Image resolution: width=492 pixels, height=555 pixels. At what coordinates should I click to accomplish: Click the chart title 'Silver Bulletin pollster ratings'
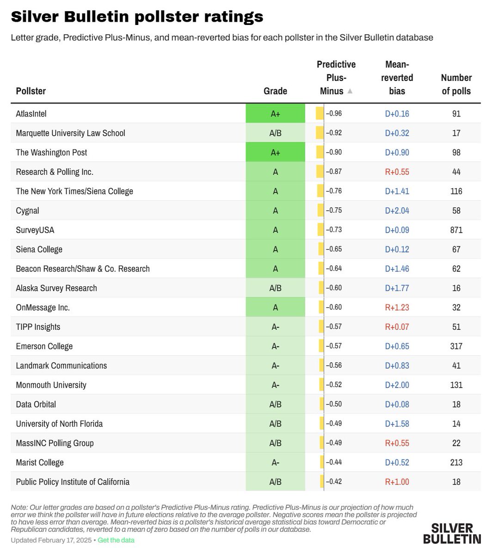[x=137, y=17]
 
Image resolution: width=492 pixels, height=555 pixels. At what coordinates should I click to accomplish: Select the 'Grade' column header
[x=275, y=91]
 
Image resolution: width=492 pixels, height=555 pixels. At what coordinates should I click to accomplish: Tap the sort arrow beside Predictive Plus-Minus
[x=350, y=91]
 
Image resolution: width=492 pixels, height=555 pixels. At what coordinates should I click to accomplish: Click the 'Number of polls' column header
[x=456, y=84]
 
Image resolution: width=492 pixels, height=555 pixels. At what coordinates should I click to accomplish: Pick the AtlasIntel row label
[x=31, y=114]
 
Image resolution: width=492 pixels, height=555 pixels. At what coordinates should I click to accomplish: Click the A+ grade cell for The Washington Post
[x=275, y=153]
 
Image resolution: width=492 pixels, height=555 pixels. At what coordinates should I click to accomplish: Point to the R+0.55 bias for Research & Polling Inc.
[x=397, y=172]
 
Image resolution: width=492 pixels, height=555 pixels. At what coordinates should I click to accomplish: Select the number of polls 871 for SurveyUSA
[x=456, y=230]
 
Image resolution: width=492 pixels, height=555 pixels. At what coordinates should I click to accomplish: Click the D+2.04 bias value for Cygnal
[x=397, y=210]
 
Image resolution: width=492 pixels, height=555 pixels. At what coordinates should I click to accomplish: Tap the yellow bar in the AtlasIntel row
[x=320, y=114]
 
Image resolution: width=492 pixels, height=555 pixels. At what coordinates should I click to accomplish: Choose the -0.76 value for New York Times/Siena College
[x=334, y=191]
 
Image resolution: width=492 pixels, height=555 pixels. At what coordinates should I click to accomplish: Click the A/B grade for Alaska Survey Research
[x=275, y=288]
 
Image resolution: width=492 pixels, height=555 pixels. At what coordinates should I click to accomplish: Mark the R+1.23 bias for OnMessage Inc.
[x=397, y=308]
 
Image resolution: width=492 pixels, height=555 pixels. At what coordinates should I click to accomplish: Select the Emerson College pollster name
[x=44, y=346]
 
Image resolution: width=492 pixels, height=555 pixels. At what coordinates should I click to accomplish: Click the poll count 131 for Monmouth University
[x=456, y=385]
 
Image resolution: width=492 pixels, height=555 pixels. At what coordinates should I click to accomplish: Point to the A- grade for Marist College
[x=275, y=462]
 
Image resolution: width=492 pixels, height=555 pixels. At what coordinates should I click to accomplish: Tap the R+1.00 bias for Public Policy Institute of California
[x=397, y=482]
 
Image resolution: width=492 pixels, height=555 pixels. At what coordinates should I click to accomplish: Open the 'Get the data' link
[x=116, y=540]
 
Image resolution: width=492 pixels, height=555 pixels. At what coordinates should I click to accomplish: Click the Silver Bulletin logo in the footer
[x=452, y=533]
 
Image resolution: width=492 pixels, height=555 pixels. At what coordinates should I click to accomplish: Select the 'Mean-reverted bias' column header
[x=397, y=78]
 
